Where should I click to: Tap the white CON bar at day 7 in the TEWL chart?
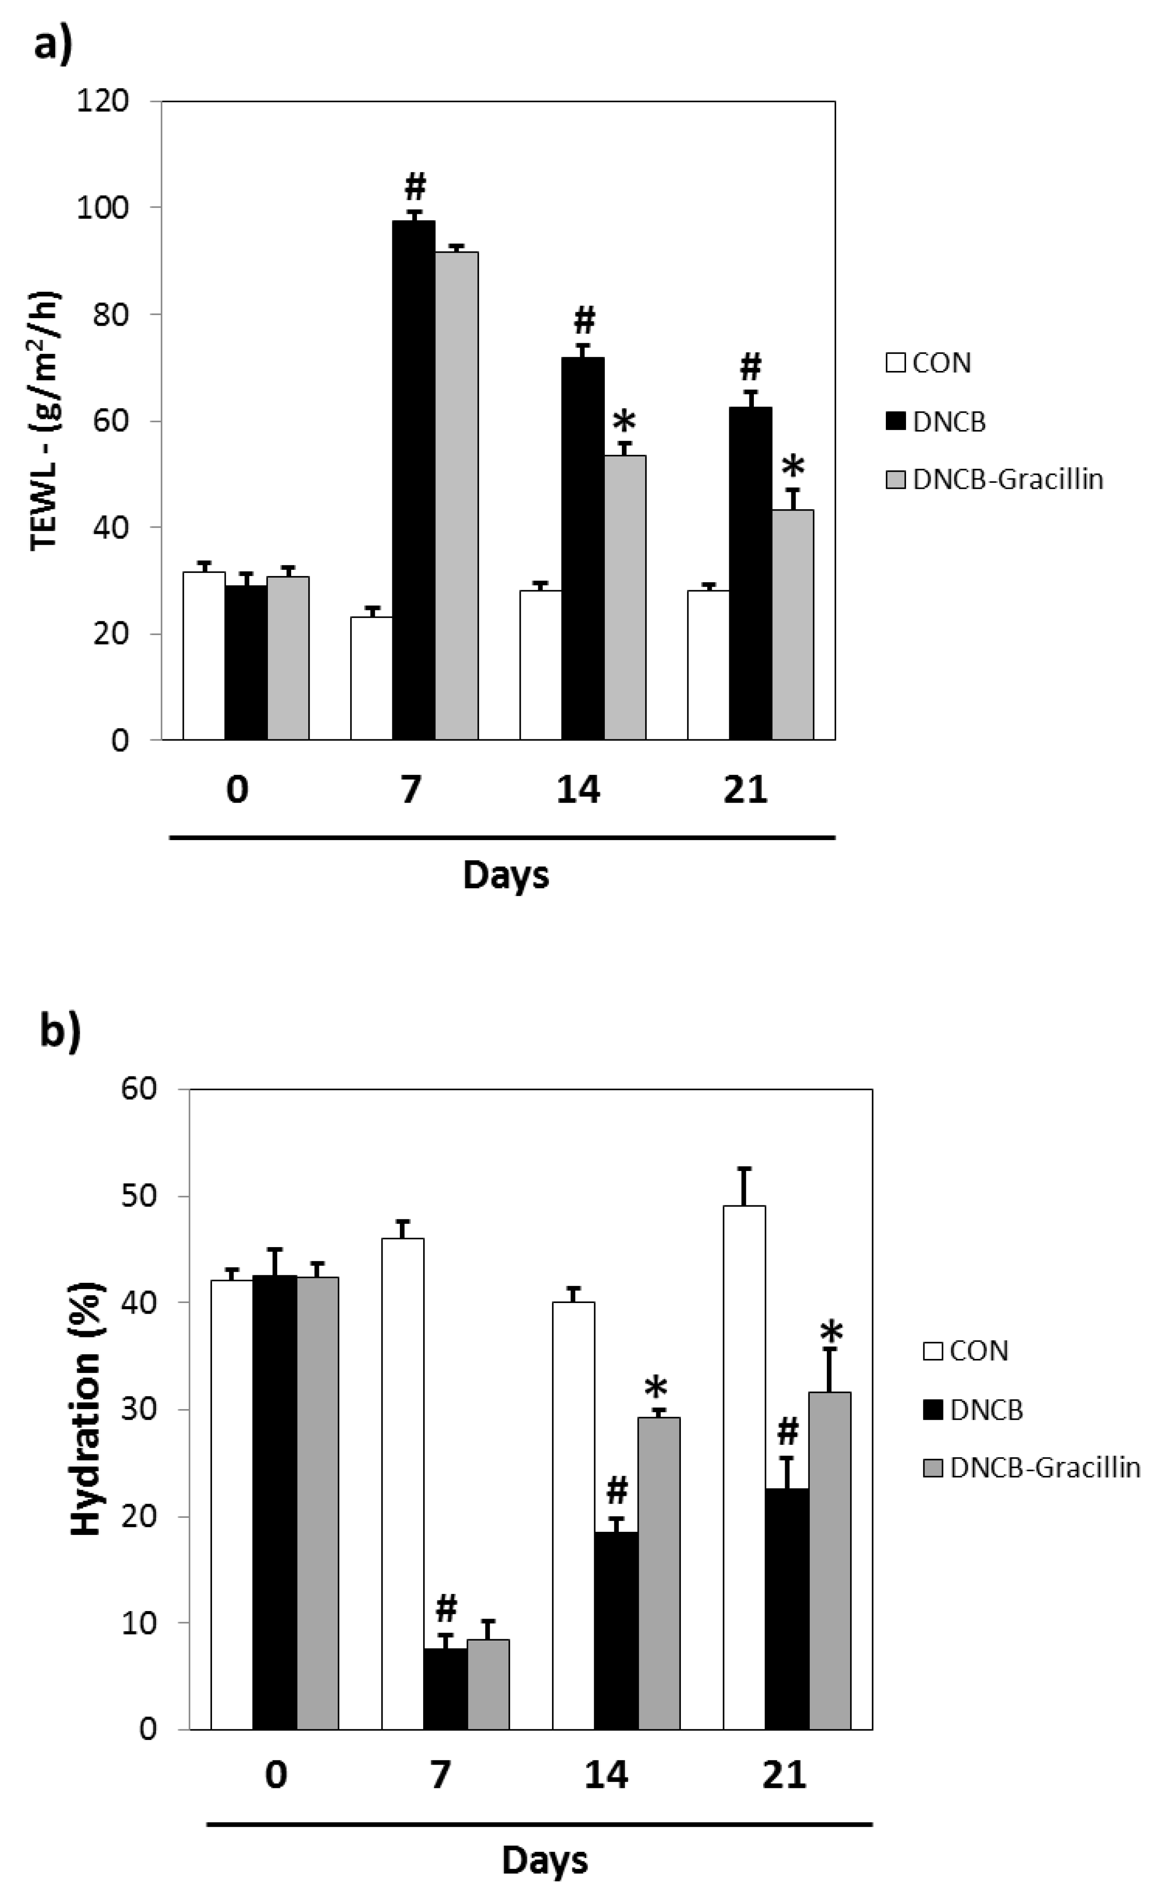pos(371,678)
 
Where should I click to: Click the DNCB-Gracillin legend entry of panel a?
pos(995,479)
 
